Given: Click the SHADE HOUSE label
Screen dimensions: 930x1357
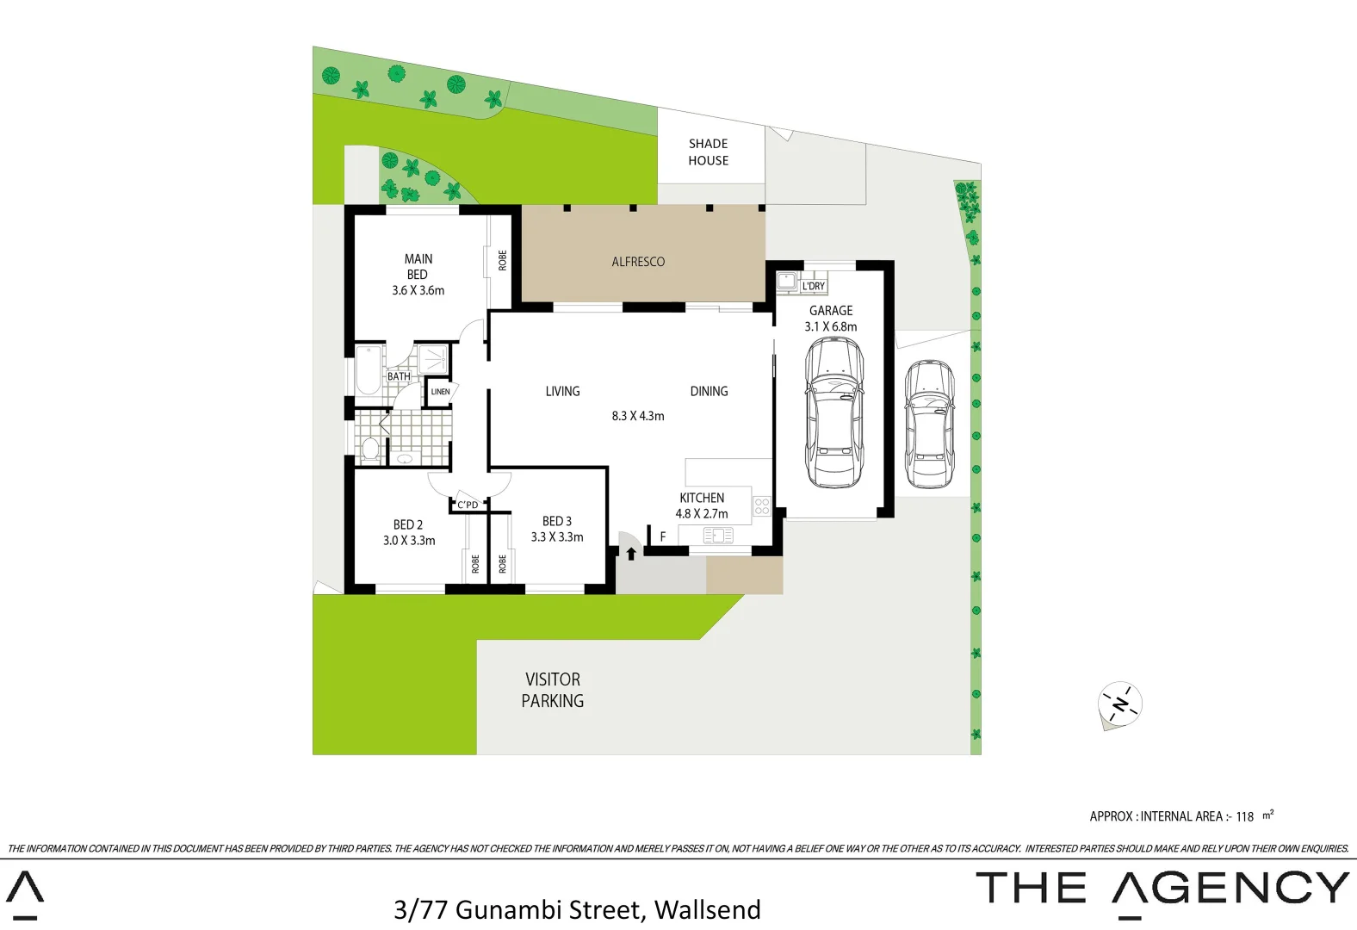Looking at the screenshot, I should (x=708, y=152).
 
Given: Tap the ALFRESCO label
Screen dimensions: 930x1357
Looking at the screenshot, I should (x=638, y=262).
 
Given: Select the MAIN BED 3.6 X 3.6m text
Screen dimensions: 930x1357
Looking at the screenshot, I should (x=418, y=275).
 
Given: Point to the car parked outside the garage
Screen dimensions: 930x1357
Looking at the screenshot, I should (x=929, y=424).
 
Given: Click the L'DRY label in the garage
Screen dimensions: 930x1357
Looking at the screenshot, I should (x=813, y=286).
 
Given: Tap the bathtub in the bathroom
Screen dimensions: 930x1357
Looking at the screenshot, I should (x=369, y=371).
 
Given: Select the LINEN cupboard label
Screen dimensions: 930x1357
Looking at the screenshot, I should (x=440, y=392).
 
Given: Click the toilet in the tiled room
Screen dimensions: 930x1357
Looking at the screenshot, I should (x=371, y=449).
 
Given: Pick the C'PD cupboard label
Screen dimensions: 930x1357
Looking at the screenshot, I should (x=468, y=505).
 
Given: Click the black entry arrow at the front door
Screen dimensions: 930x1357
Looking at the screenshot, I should (x=631, y=554).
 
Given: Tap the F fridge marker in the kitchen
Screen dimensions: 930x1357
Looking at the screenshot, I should (x=663, y=536).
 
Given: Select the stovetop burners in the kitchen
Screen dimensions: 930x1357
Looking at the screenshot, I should (x=761, y=506).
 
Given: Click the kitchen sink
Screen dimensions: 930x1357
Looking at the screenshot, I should (x=718, y=536).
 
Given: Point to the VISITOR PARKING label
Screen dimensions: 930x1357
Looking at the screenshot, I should (x=553, y=690).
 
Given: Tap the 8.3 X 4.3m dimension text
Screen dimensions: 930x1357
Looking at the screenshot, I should (x=638, y=416).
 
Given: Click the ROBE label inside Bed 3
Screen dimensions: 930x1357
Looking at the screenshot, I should (x=502, y=564).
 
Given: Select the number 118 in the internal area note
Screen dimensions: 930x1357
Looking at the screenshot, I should (x=1244, y=817).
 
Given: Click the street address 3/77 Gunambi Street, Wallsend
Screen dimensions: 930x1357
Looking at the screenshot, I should (x=577, y=909).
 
